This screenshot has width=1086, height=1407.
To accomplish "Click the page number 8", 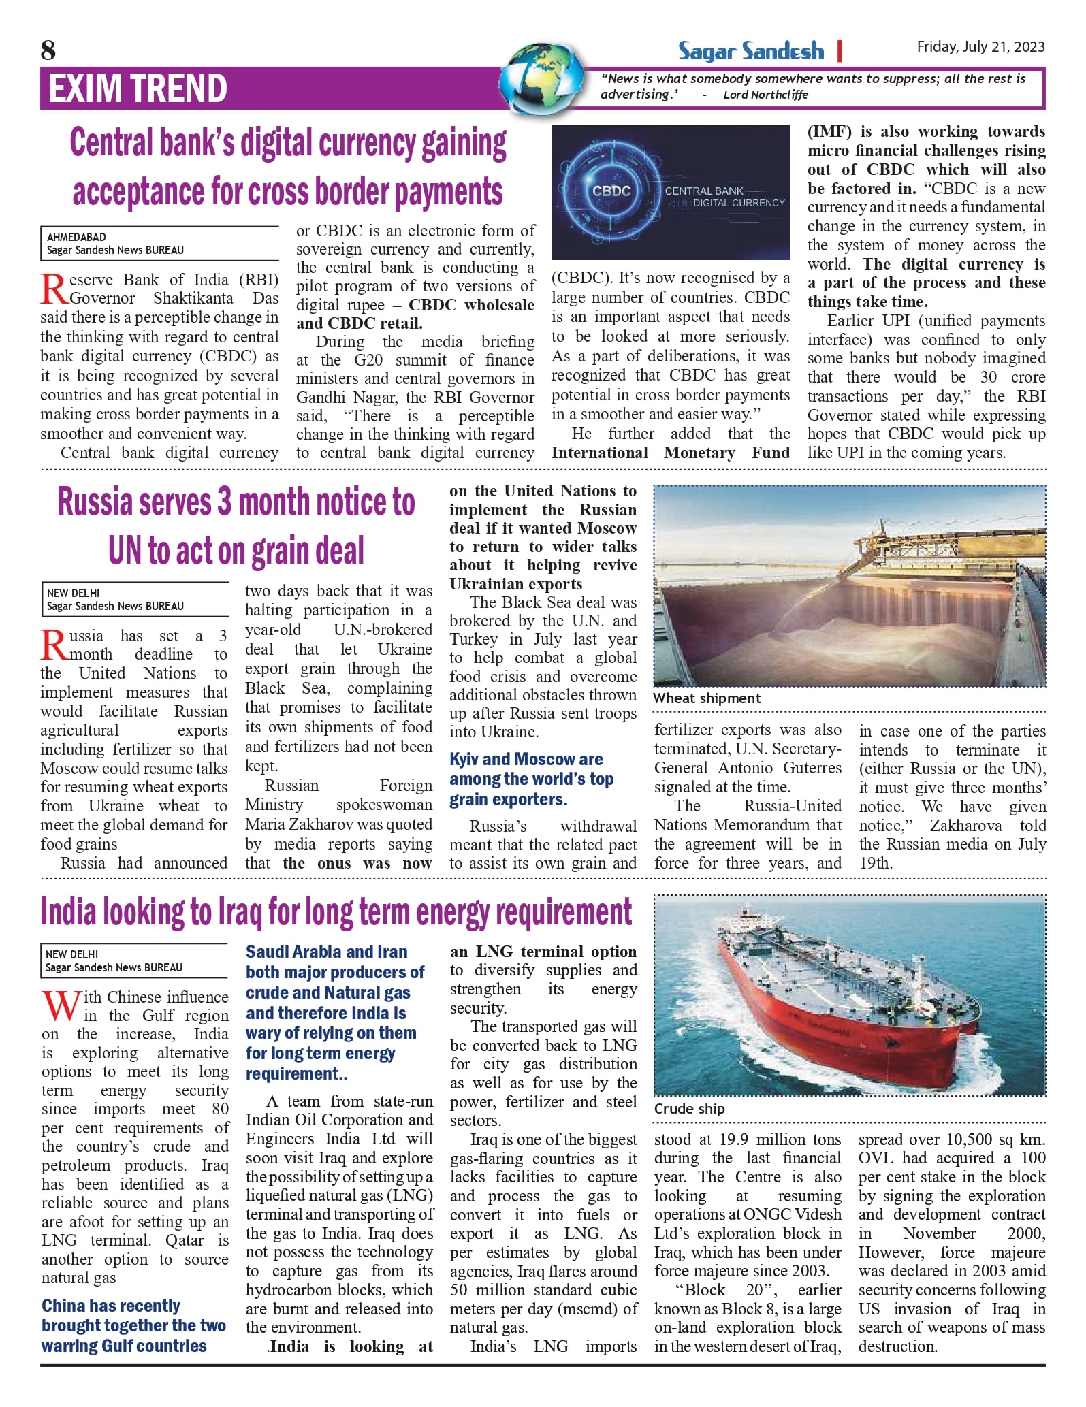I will click(x=48, y=50).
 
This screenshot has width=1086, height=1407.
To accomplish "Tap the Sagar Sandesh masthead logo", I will click(x=750, y=51).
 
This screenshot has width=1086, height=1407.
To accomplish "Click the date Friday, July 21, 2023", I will click(x=980, y=46).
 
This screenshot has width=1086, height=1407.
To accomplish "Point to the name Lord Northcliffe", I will click(x=765, y=95).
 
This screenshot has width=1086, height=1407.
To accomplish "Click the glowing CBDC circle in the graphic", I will click(x=611, y=191).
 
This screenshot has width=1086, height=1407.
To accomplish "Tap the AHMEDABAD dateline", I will click(x=76, y=237).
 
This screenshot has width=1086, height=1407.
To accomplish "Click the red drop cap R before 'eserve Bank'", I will click(x=54, y=289).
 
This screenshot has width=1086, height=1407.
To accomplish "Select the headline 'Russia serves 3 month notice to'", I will click(x=236, y=502).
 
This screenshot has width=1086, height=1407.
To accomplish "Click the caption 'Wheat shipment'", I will click(x=707, y=698).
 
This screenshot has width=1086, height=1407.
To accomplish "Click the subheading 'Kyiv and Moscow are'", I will click(x=526, y=759).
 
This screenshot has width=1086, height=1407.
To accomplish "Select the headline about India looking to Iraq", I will click(x=336, y=912).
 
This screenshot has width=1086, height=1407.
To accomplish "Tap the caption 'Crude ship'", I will click(x=689, y=1109).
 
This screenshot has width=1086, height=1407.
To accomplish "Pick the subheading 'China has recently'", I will click(x=110, y=1306).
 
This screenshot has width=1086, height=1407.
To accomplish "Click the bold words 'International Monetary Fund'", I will click(x=670, y=453).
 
